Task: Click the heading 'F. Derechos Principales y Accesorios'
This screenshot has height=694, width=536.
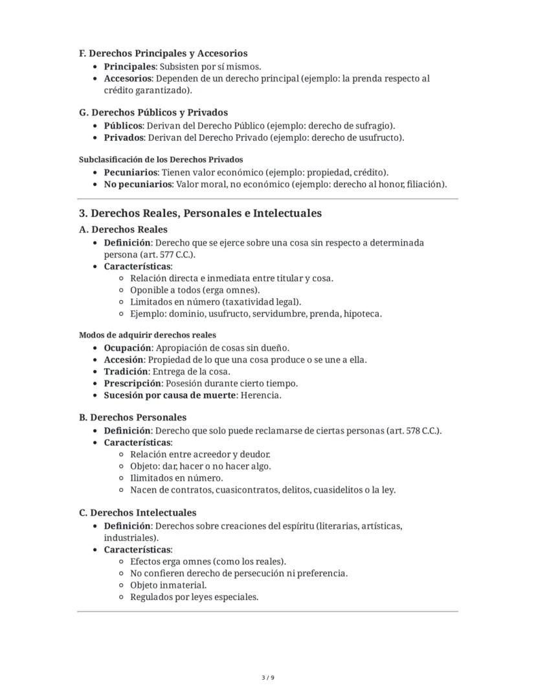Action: (x=163, y=53)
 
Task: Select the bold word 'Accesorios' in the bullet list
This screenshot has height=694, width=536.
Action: (x=128, y=78)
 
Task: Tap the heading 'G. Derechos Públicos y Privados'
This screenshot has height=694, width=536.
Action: (x=153, y=112)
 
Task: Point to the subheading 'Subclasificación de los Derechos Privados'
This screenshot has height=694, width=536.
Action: (x=161, y=159)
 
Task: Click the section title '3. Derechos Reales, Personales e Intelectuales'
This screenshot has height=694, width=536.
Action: (x=200, y=213)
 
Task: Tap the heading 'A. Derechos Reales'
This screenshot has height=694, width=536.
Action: (x=123, y=229)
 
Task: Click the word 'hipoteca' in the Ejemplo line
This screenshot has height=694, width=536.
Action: (x=363, y=314)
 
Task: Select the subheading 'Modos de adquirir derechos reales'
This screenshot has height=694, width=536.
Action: (x=148, y=335)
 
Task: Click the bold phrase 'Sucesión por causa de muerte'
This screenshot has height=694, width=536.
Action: (x=170, y=395)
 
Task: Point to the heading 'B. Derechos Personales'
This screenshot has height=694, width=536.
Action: (x=133, y=417)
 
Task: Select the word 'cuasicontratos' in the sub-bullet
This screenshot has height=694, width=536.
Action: (x=247, y=490)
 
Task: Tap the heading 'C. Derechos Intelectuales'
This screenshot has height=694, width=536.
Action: (x=138, y=513)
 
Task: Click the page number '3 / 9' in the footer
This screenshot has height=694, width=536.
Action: (x=268, y=678)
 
